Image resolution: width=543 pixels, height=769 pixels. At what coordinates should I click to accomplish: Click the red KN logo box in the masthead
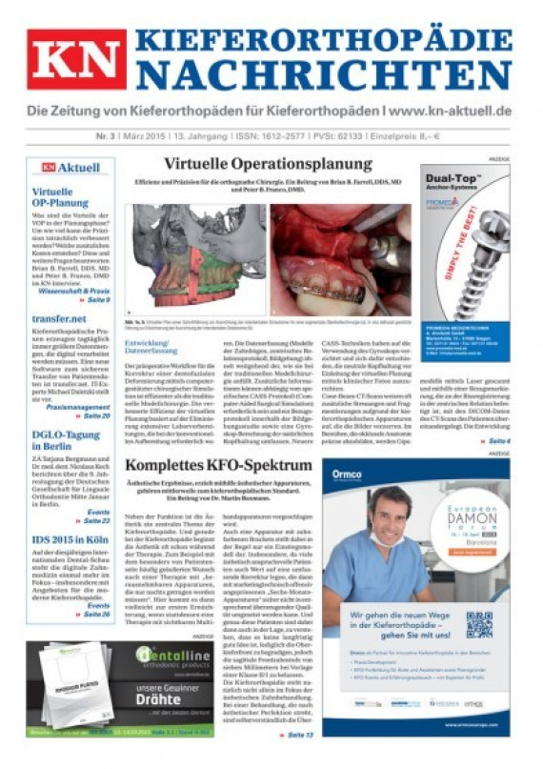[x=76, y=59]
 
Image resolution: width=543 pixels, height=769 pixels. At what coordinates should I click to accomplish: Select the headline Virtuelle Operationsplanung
[x=268, y=164]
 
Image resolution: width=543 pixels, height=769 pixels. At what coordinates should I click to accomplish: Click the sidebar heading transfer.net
[x=59, y=319]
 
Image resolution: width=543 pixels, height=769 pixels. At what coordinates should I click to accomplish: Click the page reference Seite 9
[x=95, y=299]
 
